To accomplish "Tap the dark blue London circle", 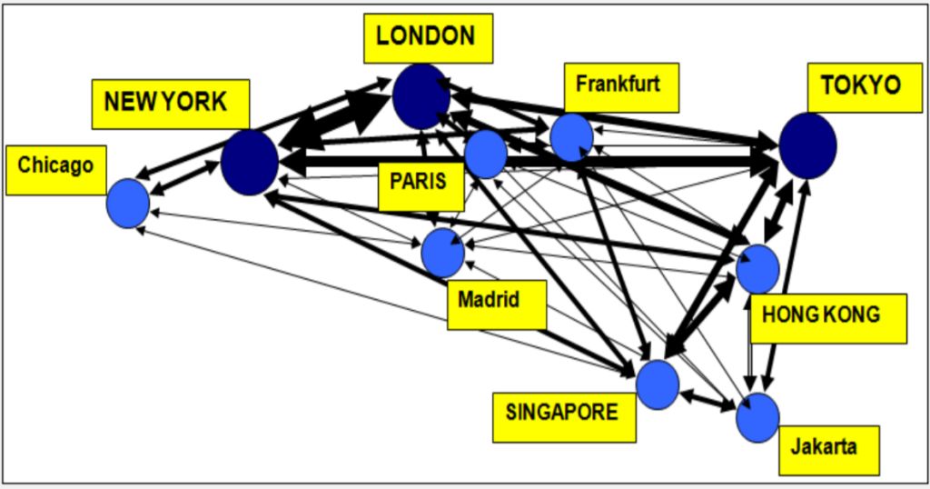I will point(421,96).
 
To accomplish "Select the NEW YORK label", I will point(170,103).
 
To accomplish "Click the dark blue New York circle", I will point(250,162).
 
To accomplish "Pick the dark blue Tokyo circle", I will point(806,145).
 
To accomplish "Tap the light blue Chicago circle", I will point(128,203).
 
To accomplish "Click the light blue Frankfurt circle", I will point(572,137).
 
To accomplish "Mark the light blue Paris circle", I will point(486,154).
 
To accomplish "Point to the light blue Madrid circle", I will point(442,252).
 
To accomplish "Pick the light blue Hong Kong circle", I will point(757,268).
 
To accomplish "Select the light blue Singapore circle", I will point(658,384).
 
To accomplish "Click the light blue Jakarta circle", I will point(757,417).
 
